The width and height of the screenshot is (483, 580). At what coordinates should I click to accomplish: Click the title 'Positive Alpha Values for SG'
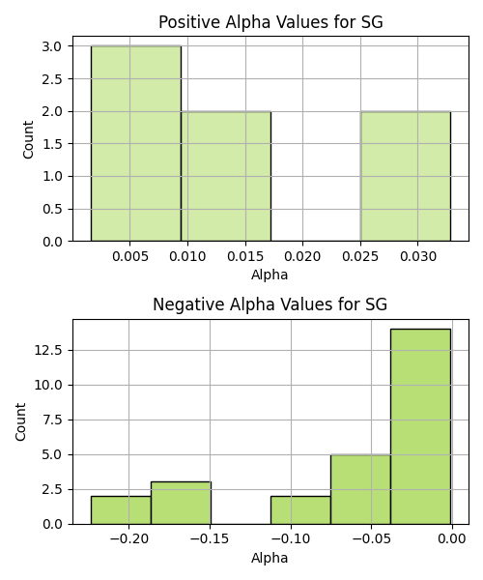click(x=270, y=22)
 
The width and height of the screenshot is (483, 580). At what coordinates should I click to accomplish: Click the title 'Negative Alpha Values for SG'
click(x=270, y=304)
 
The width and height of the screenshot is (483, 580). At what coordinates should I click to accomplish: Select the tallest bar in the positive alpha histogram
click(x=136, y=143)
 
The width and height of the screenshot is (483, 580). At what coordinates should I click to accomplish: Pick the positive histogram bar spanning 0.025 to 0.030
click(x=406, y=177)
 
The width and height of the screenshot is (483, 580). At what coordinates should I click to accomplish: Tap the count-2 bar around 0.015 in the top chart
click(x=226, y=177)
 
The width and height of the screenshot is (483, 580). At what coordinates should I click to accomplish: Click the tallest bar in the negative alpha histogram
click(x=420, y=426)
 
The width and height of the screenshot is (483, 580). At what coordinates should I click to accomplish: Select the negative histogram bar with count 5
click(x=360, y=489)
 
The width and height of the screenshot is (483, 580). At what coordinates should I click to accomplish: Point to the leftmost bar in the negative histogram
click(x=121, y=510)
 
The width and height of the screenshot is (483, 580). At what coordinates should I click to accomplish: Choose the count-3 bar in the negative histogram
click(x=181, y=503)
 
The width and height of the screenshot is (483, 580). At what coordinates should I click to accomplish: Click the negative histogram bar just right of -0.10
click(x=300, y=510)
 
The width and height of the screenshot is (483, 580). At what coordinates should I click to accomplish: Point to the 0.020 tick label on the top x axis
click(x=302, y=256)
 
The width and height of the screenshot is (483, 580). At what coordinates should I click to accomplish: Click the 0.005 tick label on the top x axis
click(x=130, y=256)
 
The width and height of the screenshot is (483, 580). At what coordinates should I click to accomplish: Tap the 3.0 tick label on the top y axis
click(x=52, y=46)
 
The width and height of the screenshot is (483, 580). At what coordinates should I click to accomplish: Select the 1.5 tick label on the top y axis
click(x=52, y=144)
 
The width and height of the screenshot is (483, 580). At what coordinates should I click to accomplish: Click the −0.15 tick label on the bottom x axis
click(x=210, y=538)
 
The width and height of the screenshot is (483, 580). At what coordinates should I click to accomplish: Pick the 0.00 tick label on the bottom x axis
click(x=452, y=538)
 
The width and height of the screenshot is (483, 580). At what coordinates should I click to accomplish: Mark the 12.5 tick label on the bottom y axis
click(x=48, y=350)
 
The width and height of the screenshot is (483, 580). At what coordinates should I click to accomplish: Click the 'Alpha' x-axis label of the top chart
click(x=270, y=275)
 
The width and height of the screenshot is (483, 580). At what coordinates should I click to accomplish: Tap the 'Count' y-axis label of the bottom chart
click(x=20, y=421)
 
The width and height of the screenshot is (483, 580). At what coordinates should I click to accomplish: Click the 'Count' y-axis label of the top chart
click(x=28, y=139)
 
